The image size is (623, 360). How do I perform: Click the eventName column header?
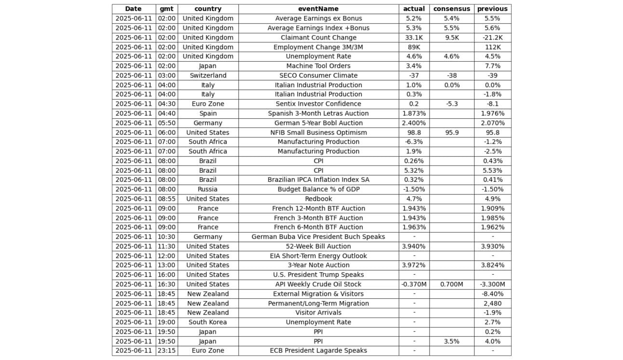318,9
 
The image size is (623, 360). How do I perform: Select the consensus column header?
451,9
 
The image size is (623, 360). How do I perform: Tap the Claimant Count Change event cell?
318,38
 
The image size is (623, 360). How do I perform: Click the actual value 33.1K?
414,38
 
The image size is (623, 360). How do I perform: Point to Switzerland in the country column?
208,75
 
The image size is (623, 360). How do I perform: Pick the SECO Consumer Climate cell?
318,75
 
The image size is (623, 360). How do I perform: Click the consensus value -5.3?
451,104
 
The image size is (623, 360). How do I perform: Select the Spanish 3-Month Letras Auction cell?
318,113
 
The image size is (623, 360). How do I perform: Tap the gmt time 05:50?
166,123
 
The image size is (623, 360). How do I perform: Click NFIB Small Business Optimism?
318,132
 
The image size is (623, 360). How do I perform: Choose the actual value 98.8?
414,132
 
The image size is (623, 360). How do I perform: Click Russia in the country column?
208,189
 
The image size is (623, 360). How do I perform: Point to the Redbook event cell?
318,199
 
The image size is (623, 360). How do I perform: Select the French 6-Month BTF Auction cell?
318,227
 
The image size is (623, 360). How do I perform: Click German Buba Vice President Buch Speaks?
318,237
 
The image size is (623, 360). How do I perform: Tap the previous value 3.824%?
492,265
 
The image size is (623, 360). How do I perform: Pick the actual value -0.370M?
414,284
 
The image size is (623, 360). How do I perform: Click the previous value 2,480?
492,304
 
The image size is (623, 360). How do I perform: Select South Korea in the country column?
208,322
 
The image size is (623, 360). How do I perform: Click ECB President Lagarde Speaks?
318,351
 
